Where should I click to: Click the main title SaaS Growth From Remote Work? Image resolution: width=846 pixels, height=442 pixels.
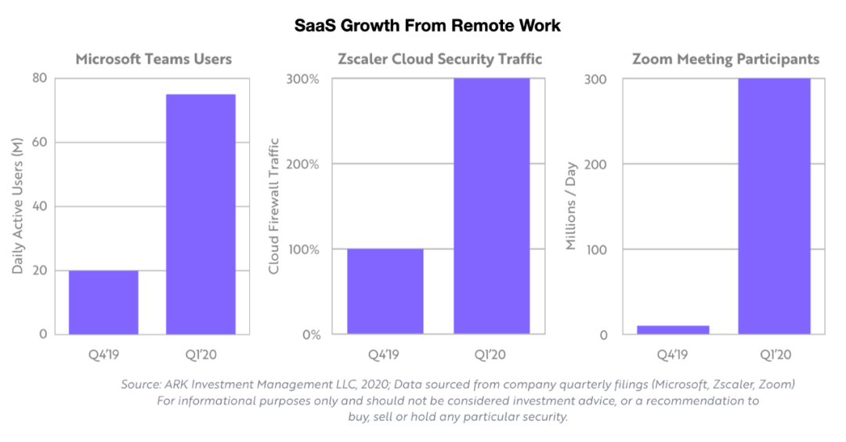427,25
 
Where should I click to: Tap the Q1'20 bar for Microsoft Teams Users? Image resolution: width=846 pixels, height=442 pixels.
201,214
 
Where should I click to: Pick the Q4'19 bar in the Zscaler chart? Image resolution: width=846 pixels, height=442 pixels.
385,292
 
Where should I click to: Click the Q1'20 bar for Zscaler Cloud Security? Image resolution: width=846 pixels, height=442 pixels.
492,206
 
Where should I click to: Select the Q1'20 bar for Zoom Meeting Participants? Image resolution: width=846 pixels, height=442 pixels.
774,206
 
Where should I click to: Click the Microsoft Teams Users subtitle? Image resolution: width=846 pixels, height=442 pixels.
154,60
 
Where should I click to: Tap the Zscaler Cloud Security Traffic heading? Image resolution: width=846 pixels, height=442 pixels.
439,60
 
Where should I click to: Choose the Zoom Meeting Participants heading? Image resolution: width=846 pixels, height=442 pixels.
725,60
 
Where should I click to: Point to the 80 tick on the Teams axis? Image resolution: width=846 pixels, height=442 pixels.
38,78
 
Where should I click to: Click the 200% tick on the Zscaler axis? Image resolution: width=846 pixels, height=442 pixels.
304,165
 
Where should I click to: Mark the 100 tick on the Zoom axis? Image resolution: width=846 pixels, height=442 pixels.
598,250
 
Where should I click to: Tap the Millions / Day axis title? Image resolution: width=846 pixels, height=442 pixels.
572,207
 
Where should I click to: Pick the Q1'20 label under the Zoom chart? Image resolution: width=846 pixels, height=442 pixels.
773,355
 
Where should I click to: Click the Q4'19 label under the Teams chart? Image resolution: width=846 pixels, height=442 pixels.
103,355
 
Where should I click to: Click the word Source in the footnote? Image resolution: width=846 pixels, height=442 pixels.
139,385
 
